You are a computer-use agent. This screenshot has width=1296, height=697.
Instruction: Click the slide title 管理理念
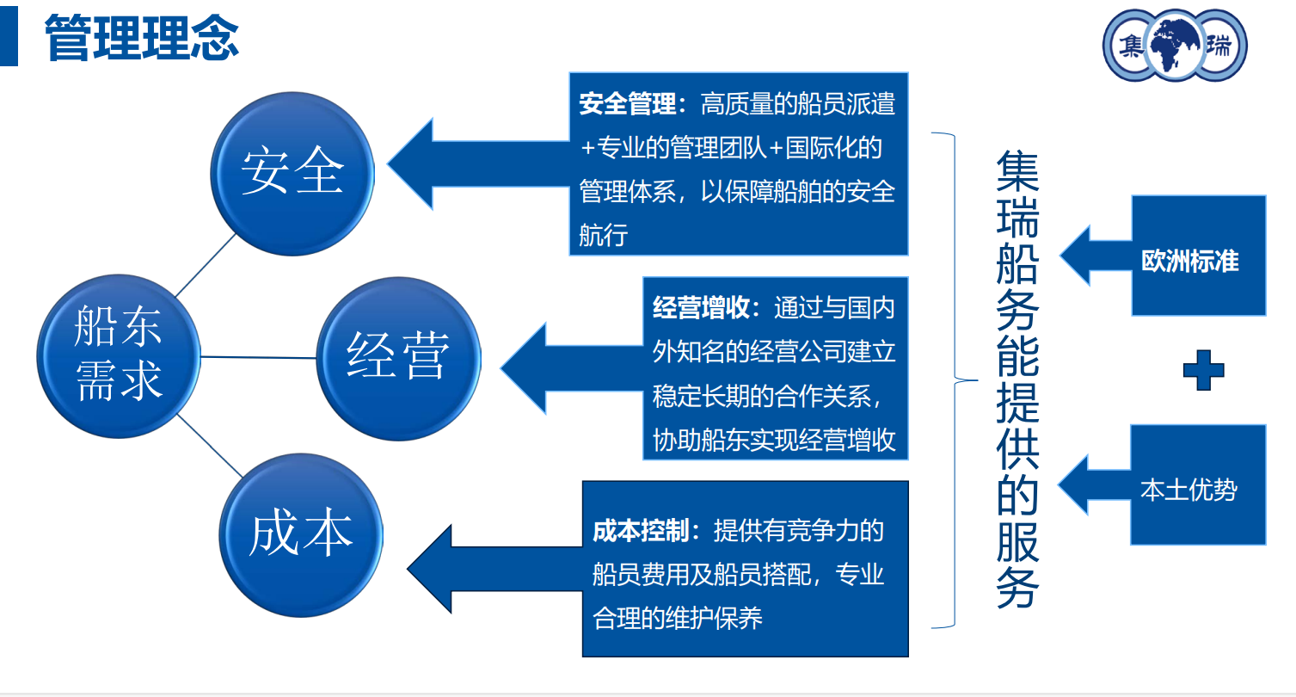tap(141, 38)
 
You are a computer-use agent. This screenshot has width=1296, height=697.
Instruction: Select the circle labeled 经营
tap(398, 357)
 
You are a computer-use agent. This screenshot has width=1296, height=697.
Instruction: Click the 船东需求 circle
tap(119, 355)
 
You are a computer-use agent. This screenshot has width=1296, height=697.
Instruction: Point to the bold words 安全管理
tap(627, 105)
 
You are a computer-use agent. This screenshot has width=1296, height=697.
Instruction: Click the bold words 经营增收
tap(700, 308)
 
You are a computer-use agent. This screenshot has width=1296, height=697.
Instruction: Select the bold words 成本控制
tap(640, 531)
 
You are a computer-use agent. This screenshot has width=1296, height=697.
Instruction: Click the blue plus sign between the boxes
tap(1203, 371)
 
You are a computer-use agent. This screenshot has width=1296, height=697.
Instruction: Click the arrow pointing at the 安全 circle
tap(464, 163)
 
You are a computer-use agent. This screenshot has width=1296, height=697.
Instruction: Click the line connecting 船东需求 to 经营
tap(258, 356)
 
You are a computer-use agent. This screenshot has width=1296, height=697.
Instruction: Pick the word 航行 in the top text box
tap(603, 234)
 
